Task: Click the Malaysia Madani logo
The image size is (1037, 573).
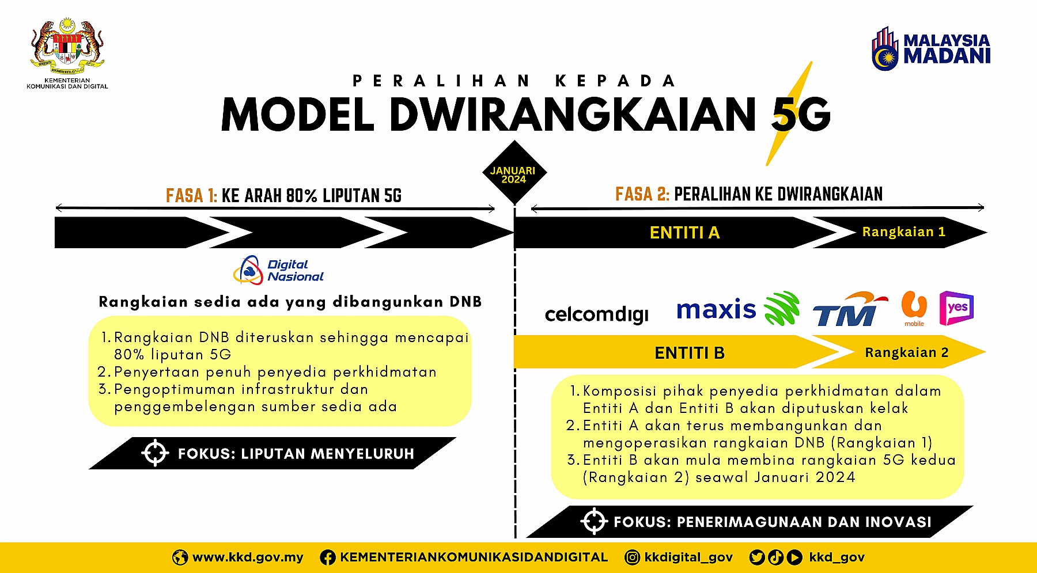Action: point(931,48)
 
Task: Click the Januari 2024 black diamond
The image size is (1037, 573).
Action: point(513,173)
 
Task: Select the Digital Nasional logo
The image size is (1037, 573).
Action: point(279,270)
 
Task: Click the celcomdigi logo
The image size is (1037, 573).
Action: point(596,314)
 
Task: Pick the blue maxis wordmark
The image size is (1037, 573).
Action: point(716,310)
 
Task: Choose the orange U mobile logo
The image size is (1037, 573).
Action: point(914,308)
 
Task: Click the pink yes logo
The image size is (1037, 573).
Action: point(956,308)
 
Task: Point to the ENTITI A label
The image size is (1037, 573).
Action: point(684,233)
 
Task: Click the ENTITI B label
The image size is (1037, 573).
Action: point(689,352)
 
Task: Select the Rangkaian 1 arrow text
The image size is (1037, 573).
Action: point(903,232)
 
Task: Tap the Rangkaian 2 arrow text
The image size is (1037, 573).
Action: point(906,352)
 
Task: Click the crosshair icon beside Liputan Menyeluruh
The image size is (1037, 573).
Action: point(155,453)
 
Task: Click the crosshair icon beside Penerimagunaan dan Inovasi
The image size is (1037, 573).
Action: point(594,522)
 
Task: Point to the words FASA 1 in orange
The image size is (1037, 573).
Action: point(191,196)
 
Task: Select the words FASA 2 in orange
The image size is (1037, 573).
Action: point(642,195)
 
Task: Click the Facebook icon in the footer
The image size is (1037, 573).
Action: point(328,557)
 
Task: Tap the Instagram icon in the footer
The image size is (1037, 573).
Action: point(632,557)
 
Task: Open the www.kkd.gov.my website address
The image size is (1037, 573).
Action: point(248,557)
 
